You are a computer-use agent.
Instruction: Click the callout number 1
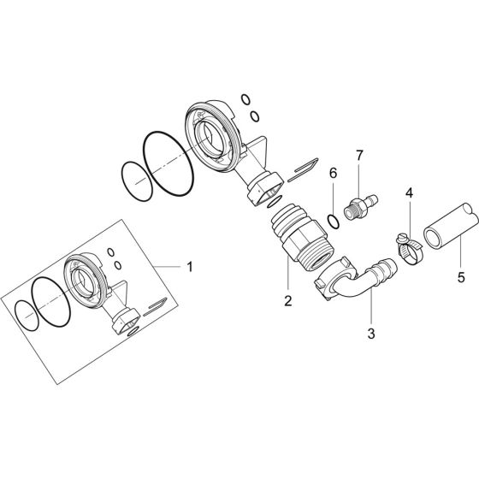click(189, 266)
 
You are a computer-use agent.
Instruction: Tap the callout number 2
click(288, 301)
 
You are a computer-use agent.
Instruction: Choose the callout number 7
click(359, 156)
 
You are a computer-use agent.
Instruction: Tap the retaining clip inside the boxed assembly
click(157, 305)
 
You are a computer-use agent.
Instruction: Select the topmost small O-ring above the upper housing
click(246, 98)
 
